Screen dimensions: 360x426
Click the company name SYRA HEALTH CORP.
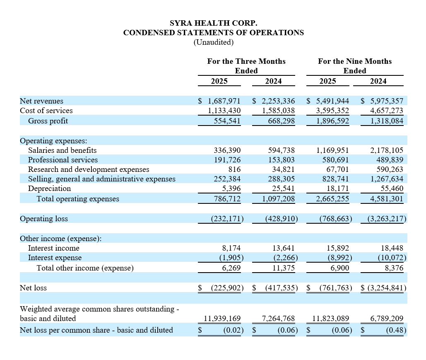click(213, 23)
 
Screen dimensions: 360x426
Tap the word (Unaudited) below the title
click(213, 42)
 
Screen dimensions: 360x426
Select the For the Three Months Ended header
click(246, 66)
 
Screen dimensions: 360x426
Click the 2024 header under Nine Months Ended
click(378, 81)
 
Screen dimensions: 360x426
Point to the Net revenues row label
click(41, 101)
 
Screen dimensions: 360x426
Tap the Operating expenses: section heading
click(53, 141)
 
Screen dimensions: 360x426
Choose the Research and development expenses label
click(89, 169)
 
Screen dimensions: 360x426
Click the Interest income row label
click(53, 248)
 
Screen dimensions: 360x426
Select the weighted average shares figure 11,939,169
click(222, 319)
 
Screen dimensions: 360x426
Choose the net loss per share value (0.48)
click(395, 330)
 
